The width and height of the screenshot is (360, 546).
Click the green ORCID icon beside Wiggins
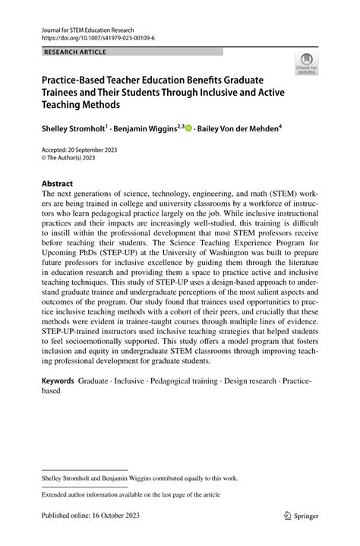click(x=188, y=129)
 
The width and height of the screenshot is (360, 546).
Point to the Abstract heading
click(x=57, y=184)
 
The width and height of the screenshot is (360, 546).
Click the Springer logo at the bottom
click(x=302, y=514)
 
